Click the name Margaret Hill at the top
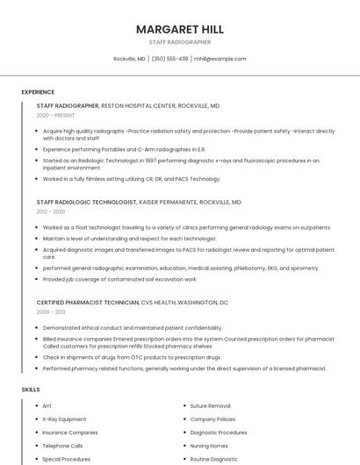point(179,29)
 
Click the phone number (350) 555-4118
point(169,59)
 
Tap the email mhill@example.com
point(220,59)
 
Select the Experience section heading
point(38,92)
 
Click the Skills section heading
point(31,389)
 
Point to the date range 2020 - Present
point(55,115)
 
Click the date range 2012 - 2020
point(50,211)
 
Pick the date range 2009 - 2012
point(51,311)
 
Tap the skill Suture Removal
point(210,406)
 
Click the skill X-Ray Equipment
point(64,419)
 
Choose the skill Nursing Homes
point(208,446)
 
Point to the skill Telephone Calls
point(62,446)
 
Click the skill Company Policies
point(212,419)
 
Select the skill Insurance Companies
point(69,433)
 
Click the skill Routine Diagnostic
point(213,459)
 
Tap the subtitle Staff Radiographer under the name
point(179,42)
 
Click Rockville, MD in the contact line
point(130,59)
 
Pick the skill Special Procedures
point(66,459)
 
